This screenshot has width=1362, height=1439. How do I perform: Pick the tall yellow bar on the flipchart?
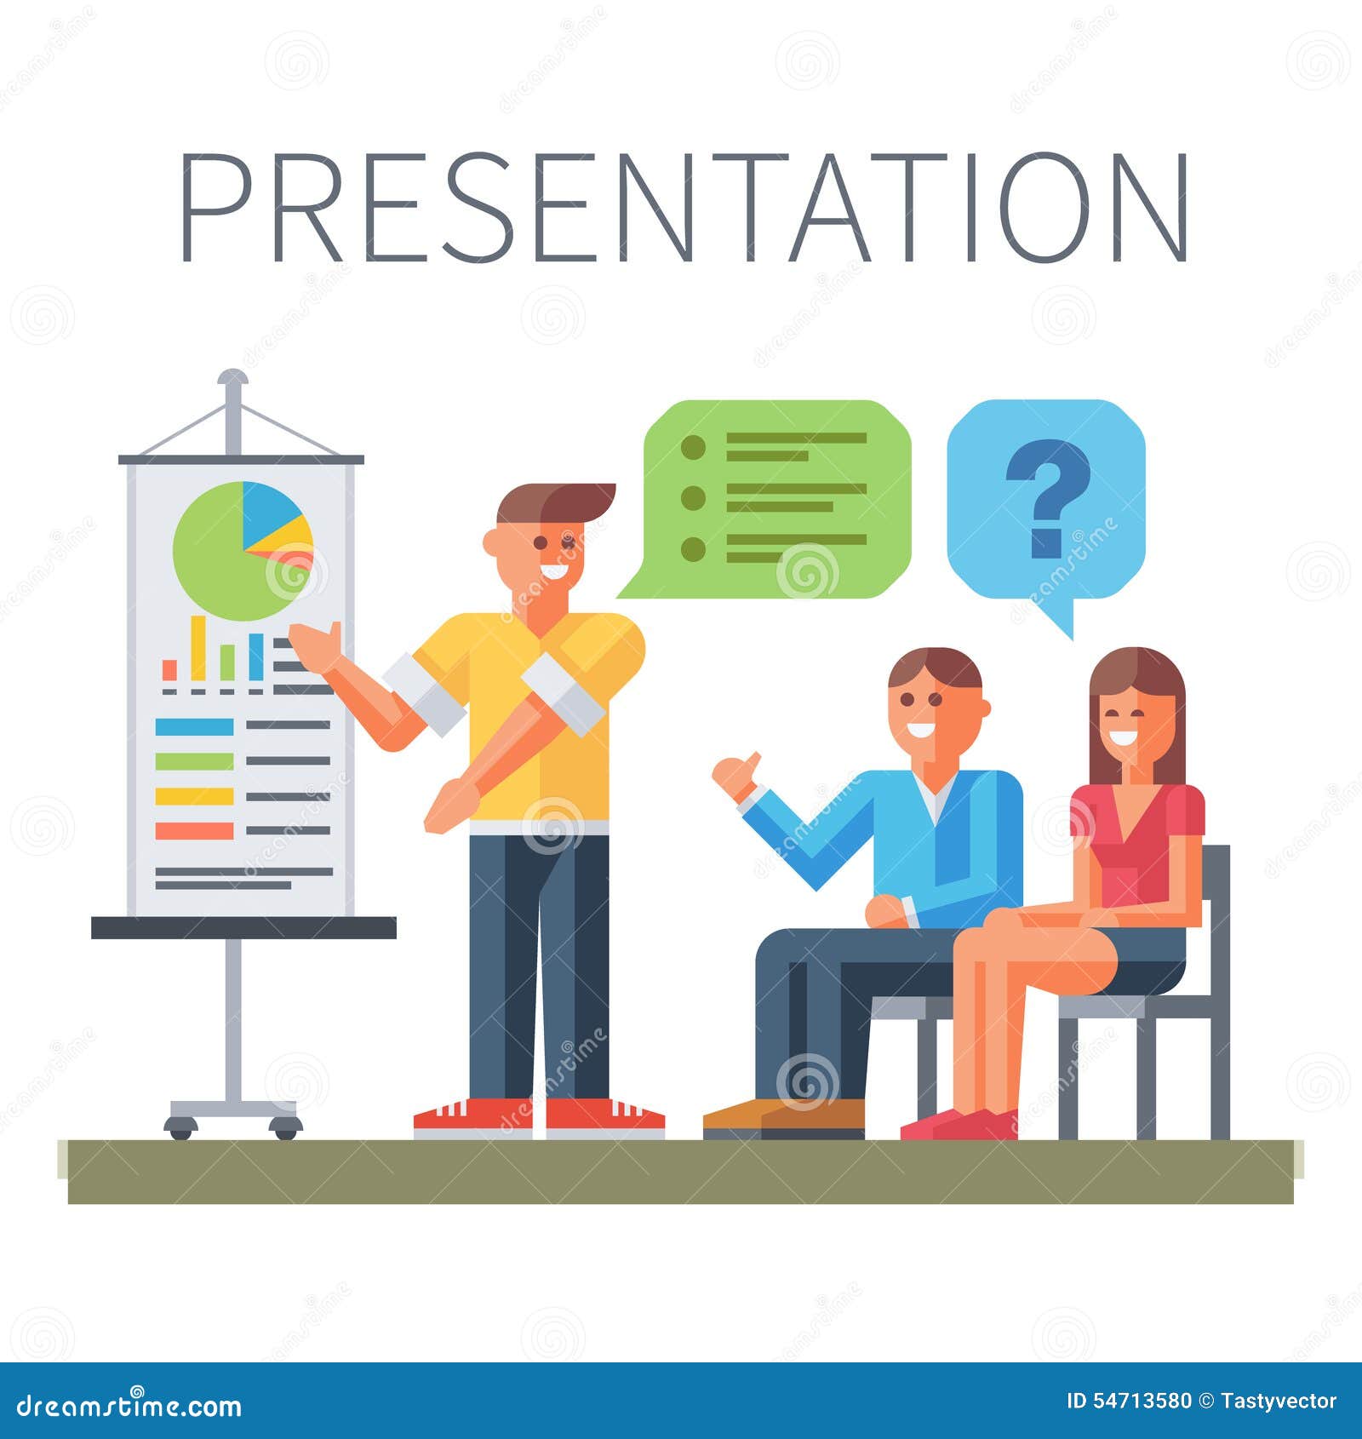pyautogui.click(x=198, y=647)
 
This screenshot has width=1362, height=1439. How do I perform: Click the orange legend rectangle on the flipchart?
pyautogui.click(x=194, y=831)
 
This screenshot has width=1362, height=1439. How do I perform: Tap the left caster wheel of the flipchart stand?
pyautogui.click(x=180, y=1127)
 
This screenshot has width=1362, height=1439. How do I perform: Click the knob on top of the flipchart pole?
pyautogui.click(x=232, y=378)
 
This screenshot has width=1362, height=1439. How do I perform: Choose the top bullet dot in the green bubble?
pyautogui.click(x=694, y=446)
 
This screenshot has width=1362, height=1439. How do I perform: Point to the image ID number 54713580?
pyautogui.click(x=1141, y=1402)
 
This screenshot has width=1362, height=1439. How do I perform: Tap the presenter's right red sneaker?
pyautogui.click(x=604, y=1116)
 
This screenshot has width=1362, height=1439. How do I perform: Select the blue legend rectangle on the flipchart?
pyautogui.click(x=194, y=726)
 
